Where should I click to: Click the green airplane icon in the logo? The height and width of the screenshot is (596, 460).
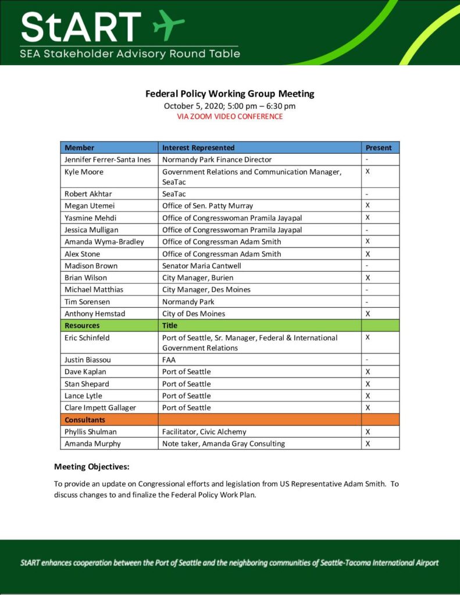coord(169,24)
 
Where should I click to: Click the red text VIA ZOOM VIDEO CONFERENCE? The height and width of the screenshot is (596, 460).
coord(230,116)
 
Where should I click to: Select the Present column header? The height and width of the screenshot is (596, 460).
coord(379,148)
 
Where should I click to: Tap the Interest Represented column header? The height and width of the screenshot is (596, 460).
coord(198,148)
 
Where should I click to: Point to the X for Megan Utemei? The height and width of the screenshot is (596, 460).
coord(368,205)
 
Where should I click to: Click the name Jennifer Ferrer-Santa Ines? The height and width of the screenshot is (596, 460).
coord(108,159)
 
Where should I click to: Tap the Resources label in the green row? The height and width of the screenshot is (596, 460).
coord(82,325)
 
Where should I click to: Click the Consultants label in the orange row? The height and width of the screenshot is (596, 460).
coord(85,420)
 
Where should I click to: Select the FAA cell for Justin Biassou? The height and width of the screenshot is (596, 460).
coord(169,360)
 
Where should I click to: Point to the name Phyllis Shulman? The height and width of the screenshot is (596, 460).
coord(91,432)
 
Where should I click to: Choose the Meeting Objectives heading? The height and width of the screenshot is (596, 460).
coord(92,467)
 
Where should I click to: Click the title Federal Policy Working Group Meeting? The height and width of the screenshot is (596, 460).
coord(230,94)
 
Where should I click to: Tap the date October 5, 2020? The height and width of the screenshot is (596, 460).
coord(197,106)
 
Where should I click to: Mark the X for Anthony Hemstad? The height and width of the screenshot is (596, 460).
coord(368,313)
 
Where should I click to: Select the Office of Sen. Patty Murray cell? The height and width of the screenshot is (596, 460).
coord(208,205)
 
